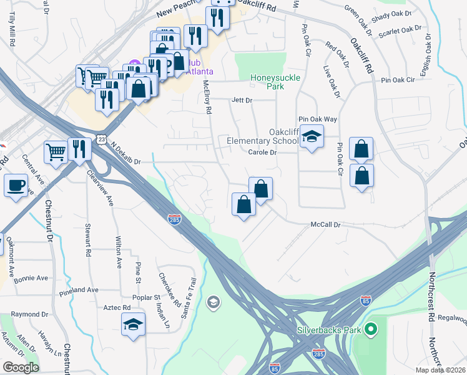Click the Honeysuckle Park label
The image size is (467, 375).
pyautogui.click(x=275, y=82)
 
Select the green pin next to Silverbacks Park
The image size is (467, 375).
pyautogui.click(x=370, y=327)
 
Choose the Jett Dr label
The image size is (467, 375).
pyautogui.click(x=242, y=100)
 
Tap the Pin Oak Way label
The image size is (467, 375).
pyautogui.click(x=317, y=119)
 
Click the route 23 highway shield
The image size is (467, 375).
pyautogui.click(x=101, y=139)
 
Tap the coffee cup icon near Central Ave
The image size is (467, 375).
pyautogui.click(x=16, y=185)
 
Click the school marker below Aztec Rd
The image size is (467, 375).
pyautogui.click(x=132, y=324)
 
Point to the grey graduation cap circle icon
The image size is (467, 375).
pyautogui.click(x=214, y=302)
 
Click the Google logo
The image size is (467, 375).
pyautogui.click(x=21, y=367)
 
